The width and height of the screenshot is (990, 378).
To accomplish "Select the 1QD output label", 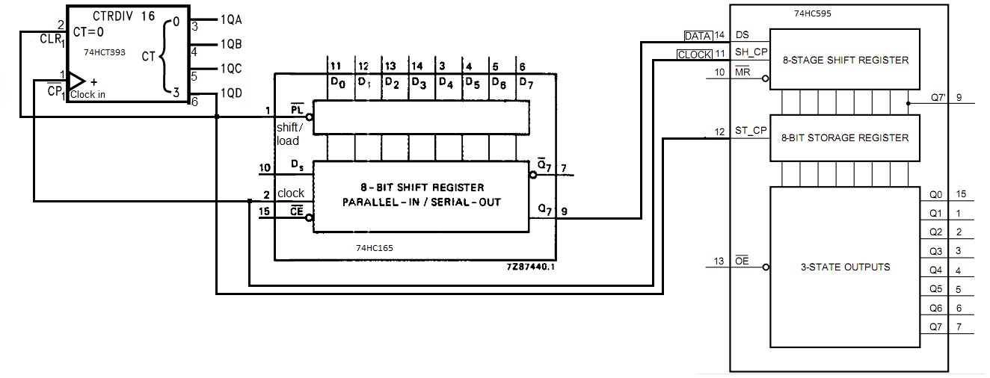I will (x=230, y=94).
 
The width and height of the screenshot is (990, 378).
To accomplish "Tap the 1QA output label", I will (x=230, y=21).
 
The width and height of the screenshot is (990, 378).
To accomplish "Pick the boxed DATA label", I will (x=698, y=36).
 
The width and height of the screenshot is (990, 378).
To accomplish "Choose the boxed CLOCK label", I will (x=694, y=55).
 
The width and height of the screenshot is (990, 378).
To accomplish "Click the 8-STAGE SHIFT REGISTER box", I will (x=844, y=60).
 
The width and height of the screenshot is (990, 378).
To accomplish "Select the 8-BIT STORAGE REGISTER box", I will (x=844, y=138).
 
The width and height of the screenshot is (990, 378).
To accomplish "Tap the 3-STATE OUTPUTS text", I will (x=845, y=267).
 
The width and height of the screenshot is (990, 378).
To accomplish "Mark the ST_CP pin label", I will (x=751, y=131).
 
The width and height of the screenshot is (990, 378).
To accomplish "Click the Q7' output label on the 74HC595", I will (x=938, y=97).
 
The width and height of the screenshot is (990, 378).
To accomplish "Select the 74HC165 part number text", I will (x=375, y=247).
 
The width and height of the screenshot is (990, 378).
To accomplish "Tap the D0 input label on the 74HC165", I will (x=337, y=82).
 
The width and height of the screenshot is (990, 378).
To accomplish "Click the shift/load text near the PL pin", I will (x=289, y=134).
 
